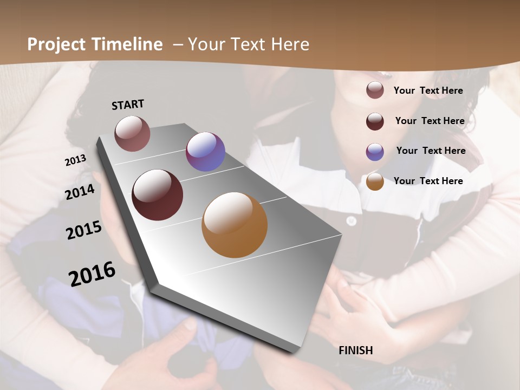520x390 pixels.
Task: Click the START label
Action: click(128, 105)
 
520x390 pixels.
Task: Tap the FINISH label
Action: click(356, 350)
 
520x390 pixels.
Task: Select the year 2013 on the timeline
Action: click(76, 161)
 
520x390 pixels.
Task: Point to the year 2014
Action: click(80, 192)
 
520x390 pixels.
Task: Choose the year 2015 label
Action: click(84, 230)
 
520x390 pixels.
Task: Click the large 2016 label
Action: click(92, 274)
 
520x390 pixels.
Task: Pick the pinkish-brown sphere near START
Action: click(132, 133)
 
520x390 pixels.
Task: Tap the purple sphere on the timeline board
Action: click(205, 152)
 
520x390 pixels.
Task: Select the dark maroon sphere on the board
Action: click(158, 195)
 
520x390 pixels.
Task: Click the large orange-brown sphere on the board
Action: click(235, 225)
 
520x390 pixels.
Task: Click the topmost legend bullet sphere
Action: click(375, 90)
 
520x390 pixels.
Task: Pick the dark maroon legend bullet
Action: click(375, 121)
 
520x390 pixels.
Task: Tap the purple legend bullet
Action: click(375, 151)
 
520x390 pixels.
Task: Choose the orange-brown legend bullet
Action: click(375, 181)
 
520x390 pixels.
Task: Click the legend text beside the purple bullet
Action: click(431, 151)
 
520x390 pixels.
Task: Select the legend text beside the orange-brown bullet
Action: click(428, 181)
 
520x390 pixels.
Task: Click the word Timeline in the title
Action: click(127, 44)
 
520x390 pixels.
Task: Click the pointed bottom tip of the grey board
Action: click(295, 353)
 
